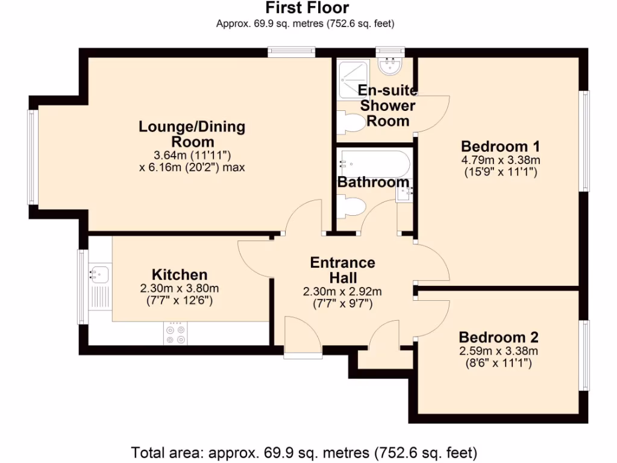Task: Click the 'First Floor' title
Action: pyautogui.click(x=307, y=8)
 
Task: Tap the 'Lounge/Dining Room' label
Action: pyautogui.click(x=192, y=134)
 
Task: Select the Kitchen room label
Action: pyautogui.click(x=180, y=274)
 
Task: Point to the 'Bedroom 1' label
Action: pyautogui.click(x=500, y=146)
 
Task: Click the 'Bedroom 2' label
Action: pyautogui.click(x=498, y=337)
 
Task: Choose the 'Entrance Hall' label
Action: pyautogui.click(x=342, y=270)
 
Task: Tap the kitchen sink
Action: pyautogui.click(x=99, y=274)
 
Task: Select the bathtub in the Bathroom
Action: pyautogui.click(x=374, y=162)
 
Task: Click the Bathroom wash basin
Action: pyautogui.click(x=403, y=194)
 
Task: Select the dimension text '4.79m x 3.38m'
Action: pyautogui.click(x=500, y=160)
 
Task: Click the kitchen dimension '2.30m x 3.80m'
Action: pyautogui.click(x=180, y=288)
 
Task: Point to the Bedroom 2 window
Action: pyautogui.click(x=584, y=355)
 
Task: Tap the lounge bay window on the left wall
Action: pyautogui.click(x=32, y=157)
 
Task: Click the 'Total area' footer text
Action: pyautogui.click(x=304, y=451)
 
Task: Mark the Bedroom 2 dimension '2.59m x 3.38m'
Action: pyautogui.click(x=498, y=351)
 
